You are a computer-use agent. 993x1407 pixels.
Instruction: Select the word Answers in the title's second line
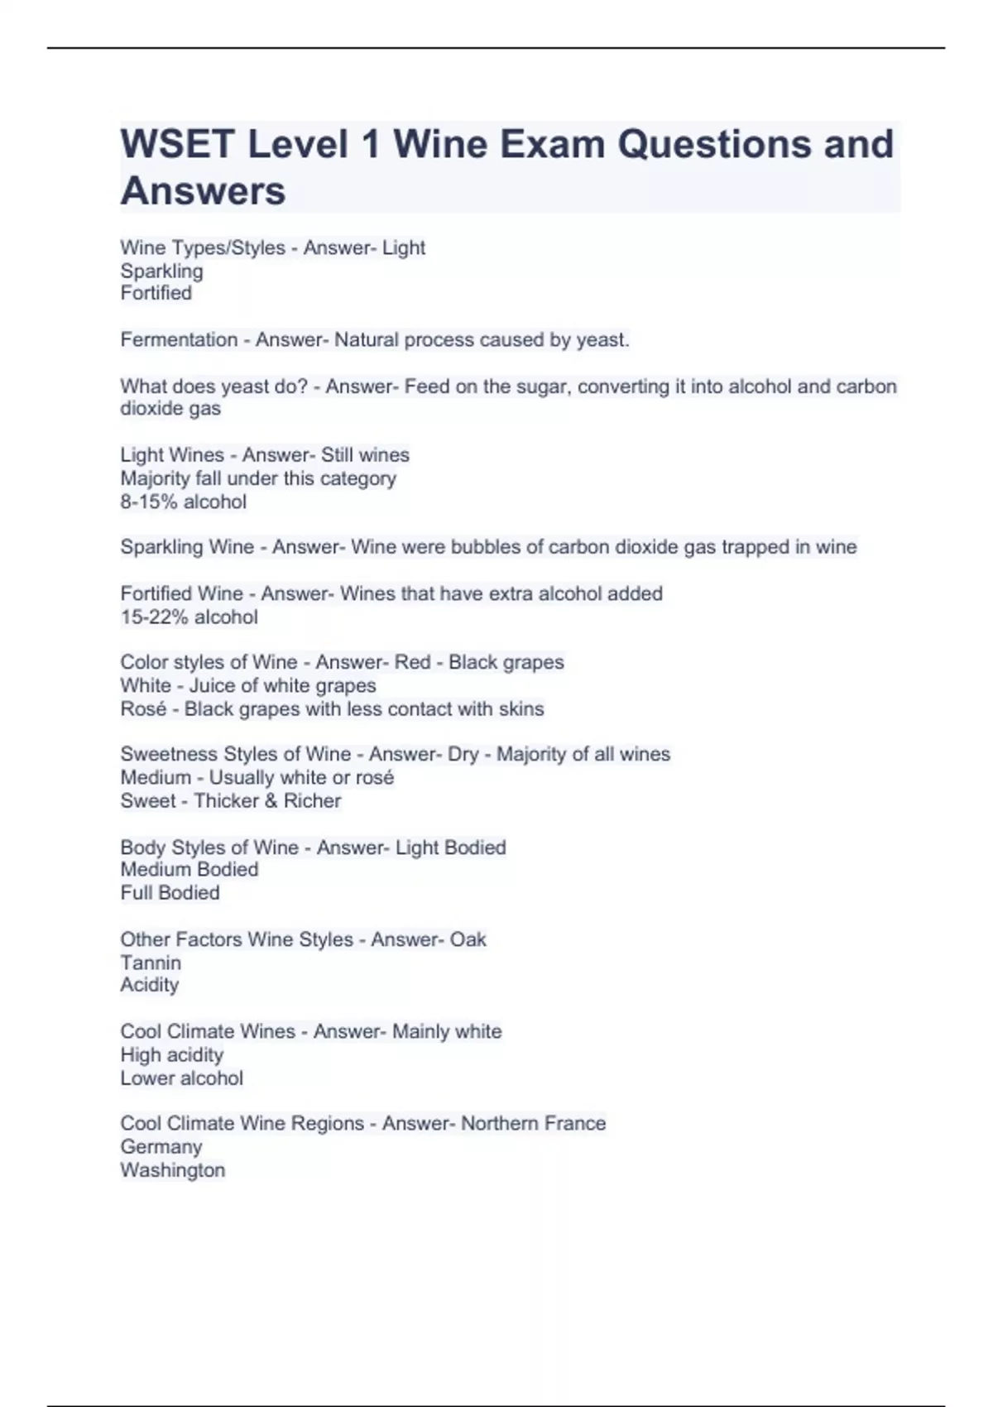(203, 191)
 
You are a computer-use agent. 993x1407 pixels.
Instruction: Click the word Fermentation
(179, 340)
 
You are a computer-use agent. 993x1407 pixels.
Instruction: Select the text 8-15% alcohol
(183, 502)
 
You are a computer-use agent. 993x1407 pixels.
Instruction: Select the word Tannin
(151, 963)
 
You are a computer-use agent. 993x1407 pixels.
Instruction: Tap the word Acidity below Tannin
(149, 985)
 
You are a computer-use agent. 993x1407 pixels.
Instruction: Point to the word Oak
(468, 939)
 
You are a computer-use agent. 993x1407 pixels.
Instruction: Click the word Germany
(161, 1147)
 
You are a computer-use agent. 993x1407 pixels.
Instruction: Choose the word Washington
(172, 1170)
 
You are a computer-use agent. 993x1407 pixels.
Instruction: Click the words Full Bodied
(170, 893)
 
